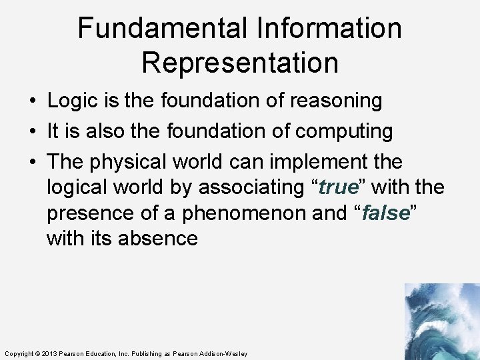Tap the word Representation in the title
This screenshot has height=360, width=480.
tap(240, 63)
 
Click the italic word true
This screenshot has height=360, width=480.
tap(339, 188)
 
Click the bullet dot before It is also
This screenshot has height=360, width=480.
tap(32, 132)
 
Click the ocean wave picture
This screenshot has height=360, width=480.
tap(441, 321)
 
